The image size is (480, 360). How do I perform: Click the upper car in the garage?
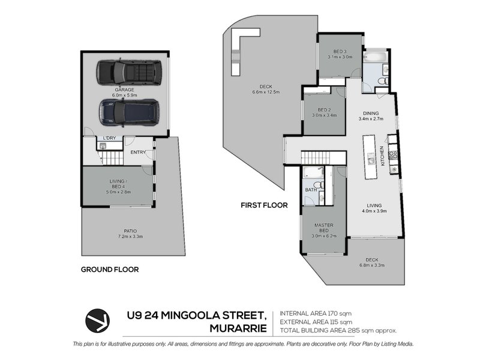(x=129, y=73)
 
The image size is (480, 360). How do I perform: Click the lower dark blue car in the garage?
(x=129, y=112)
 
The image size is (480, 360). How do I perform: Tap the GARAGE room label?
(x=124, y=89)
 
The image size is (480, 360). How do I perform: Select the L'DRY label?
(x=109, y=138)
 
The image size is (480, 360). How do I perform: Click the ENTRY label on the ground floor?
(x=138, y=152)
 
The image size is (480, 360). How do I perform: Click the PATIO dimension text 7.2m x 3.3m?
(x=130, y=236)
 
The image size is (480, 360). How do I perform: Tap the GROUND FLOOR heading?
(x=110, y=269)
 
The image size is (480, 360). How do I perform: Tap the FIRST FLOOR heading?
(x=264, y=205)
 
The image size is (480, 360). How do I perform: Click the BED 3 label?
(x=340, y=52)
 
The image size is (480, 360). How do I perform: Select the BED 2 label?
(x=324, y=110)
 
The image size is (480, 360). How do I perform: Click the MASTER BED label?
(x=324, y=228)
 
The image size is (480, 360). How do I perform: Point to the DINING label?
(x=371, y=113)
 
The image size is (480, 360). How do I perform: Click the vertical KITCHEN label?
(x=382, y=156)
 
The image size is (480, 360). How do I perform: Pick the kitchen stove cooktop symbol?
(x=394, y=155)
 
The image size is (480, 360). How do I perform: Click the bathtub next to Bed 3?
(x=376, y=57)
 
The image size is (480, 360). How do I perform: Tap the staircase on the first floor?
(x=316, y=158)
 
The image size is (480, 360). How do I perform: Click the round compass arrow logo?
(x=97, y=320)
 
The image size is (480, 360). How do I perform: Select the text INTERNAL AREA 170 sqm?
(x=316, y=313)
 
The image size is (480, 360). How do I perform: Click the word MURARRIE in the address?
(x=238, y=328)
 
